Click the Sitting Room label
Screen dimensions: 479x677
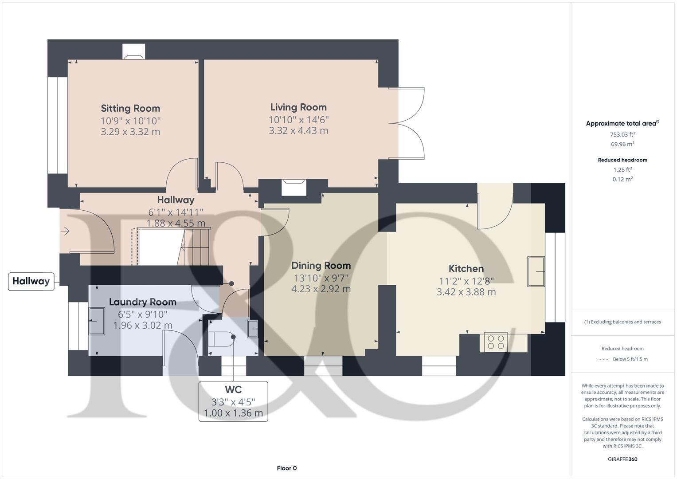pyautogui.click(x=130, y=108)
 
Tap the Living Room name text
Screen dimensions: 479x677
pyautogui.click(x=298, y=107)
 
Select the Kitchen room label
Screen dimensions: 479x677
pyautogui.click(x=466, y=268)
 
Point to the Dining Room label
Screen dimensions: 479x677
pyautogui.click(x=321, y=265)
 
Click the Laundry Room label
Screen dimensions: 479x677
pyautogui.click(x=143, y=302)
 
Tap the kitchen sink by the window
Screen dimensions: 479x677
pyautogui.click(x=536, y=271)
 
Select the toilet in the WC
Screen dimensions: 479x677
pyautogui.click(x=221, y=340)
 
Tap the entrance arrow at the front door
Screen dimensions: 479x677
pyautogui.click(x=65, y=231)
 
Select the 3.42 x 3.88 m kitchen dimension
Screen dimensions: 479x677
pyautogui.click(x=466, y=292)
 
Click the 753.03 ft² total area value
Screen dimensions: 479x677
pyautogui.click(x=622, y=134)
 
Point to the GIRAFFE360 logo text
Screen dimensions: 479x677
pyautogui.click(x=622, y=459)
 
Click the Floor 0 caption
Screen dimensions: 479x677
pyautogui.click(x=286, y=468)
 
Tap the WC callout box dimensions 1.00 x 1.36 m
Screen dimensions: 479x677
pyautogui.click(x=233, y=413)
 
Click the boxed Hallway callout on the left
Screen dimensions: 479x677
pyautogui.click(x=31, y=281)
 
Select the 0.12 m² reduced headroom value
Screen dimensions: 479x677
pyautogui.click(x=622, y=179)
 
